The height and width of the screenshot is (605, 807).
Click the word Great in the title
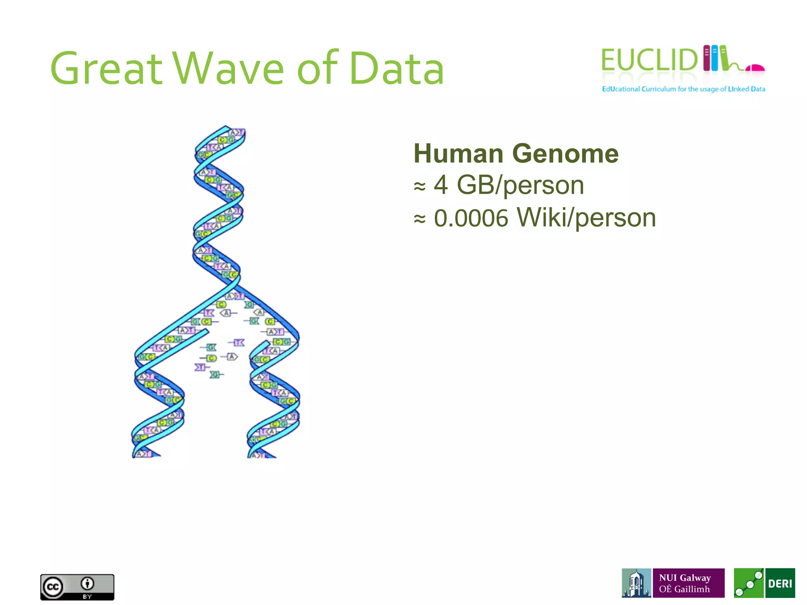point(106,69)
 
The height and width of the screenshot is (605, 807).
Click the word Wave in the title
point(229,69)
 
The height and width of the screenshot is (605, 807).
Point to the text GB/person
point(520,185)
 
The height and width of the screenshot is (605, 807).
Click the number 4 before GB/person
point(441,185)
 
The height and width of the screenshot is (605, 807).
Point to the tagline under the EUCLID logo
point(683,89)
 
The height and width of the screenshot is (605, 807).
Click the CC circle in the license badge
point(53,587)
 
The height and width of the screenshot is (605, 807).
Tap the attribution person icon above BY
point(87,583)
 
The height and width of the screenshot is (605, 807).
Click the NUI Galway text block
point(688,583)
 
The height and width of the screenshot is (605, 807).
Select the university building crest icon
point(636,583)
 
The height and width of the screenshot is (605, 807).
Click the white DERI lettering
point(780,583)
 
